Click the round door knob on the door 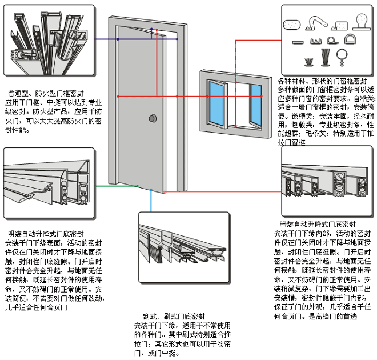tap(152, 118)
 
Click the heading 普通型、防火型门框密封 tap(46, 92)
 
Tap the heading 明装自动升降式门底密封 tap(46, 234)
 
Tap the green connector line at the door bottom tap(117, 186)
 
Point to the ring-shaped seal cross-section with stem tap(343, 56)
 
